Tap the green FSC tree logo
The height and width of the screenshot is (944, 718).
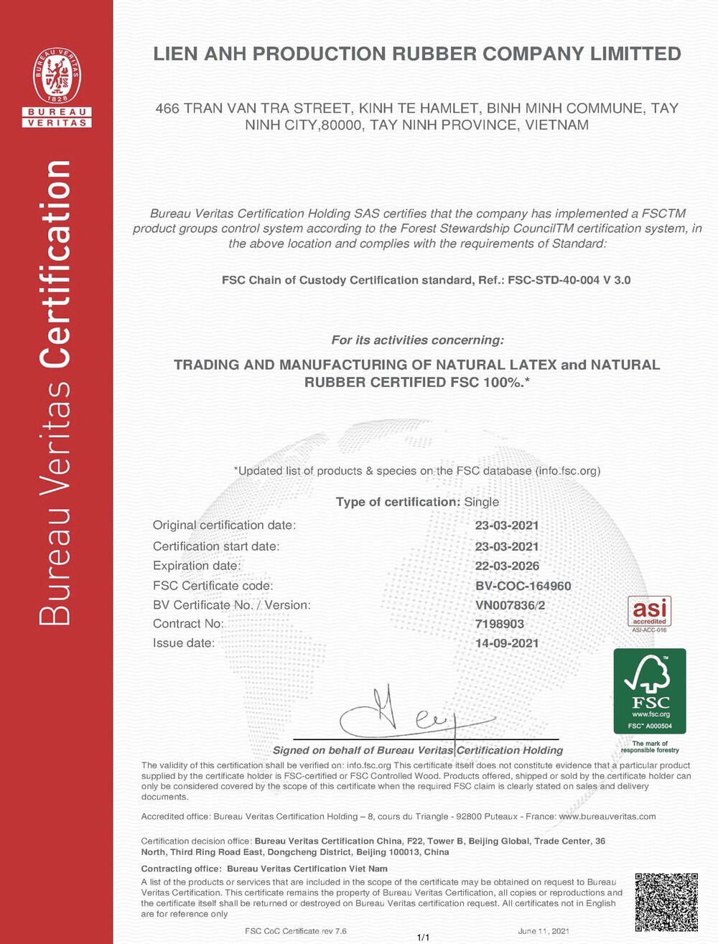tap(650, 691)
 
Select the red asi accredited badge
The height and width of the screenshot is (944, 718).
tap(649, 612)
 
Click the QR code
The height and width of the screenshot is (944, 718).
tap(666, 902)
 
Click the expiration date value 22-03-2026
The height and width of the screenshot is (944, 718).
tap(507, 566)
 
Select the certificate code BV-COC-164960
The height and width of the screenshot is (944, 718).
tap(523, 586)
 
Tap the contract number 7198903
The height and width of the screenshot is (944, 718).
tap(500, 624)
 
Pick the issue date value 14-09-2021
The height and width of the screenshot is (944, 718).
tap(507, 643)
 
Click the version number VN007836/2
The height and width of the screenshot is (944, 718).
tap(510, 605)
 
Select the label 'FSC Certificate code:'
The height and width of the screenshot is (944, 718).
tap(213, 586)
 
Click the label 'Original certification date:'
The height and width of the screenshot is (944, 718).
tap(224, 525)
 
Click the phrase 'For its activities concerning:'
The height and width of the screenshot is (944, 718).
tap(418, 340)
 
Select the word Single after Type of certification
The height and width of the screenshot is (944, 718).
tap(482, 503)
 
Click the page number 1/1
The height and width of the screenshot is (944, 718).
tap(424, 938)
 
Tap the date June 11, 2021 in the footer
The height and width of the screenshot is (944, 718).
tap(544, 931)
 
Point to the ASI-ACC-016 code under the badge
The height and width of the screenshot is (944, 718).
tap(649, 630)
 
